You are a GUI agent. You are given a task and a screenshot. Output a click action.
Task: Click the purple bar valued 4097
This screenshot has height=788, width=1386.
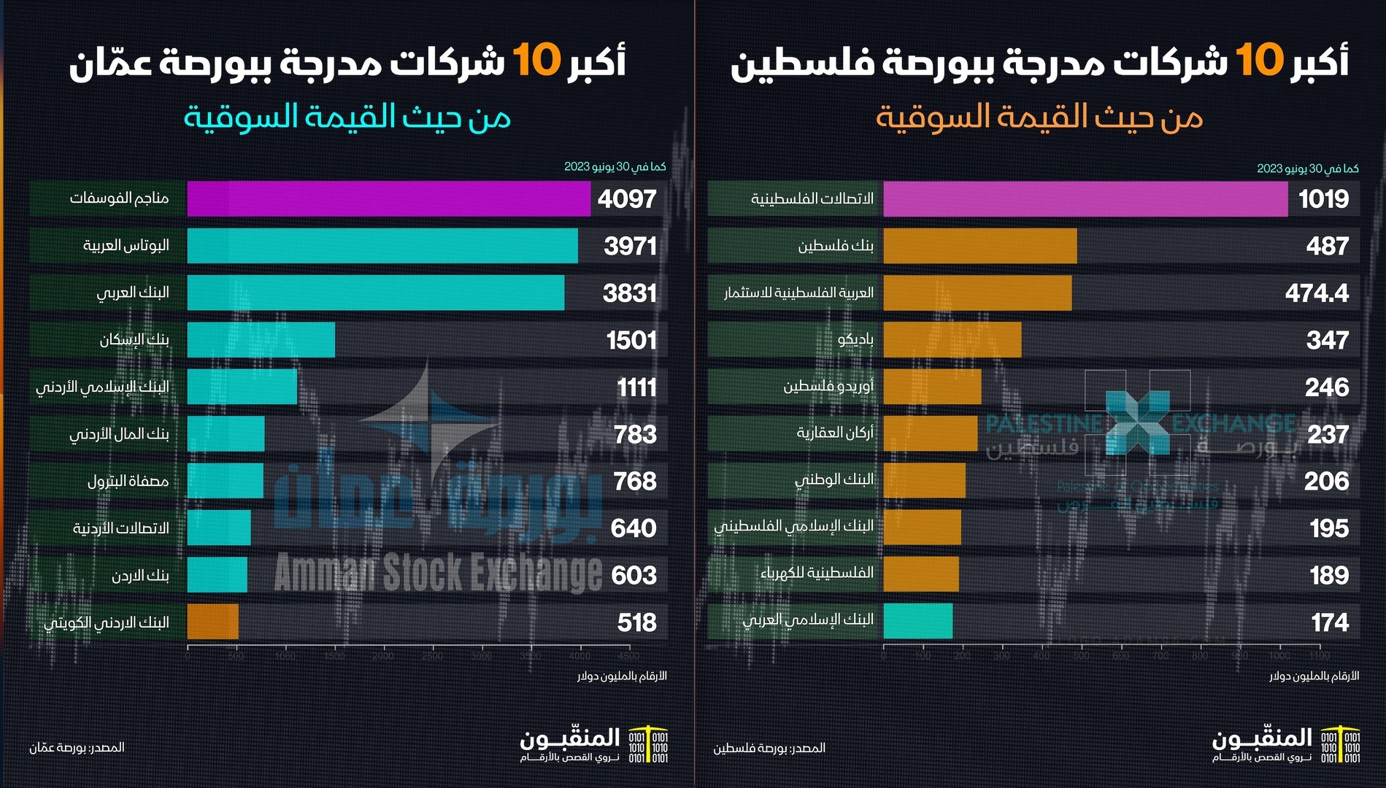(x=388, y=198)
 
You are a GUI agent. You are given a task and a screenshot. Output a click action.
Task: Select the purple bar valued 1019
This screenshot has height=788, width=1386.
(x=1085, y=198)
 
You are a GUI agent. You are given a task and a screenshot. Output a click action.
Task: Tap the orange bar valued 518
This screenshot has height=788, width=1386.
(x=212, y=622)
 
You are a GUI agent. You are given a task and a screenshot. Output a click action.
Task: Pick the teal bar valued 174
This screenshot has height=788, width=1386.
(x=917, y=621)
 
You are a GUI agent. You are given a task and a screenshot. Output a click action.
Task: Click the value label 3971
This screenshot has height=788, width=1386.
(x=630, y=246)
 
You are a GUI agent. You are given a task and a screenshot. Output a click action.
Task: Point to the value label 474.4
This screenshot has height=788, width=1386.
(x=1317, y=293)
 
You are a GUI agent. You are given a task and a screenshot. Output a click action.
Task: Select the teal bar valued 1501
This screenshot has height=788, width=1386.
(x=261, y=340)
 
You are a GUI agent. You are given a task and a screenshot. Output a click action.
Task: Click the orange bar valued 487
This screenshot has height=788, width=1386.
(x=979, y=246)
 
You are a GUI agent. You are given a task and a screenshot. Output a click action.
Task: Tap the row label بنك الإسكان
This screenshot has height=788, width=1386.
(x=134, y=340)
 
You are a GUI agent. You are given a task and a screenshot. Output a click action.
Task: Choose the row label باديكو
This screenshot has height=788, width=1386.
(x=855, y=340)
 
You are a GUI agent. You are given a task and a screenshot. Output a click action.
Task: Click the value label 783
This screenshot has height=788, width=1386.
(x=635, y=435)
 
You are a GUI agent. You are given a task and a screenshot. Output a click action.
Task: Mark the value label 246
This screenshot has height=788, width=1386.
(x=1327, y=387)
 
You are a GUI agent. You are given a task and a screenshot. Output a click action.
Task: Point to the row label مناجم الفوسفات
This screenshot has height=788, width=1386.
(x=119, y=198)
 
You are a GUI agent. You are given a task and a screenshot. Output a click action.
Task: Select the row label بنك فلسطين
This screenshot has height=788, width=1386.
(x=835, y=246)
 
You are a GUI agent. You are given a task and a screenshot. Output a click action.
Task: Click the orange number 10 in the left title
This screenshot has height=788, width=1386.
(x=536, y=60)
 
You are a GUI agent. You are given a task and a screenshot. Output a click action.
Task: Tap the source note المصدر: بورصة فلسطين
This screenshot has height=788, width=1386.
(x=769, y=748)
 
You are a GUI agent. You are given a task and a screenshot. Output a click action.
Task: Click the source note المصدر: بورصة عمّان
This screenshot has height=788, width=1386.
(x=77, y=748)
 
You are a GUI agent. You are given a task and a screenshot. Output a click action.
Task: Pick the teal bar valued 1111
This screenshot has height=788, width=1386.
(x=242, y=387)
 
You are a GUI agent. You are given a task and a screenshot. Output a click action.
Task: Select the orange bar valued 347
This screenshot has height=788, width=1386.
(x=952, y=340)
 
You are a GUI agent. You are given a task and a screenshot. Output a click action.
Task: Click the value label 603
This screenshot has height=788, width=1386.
(x=634, y=576)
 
